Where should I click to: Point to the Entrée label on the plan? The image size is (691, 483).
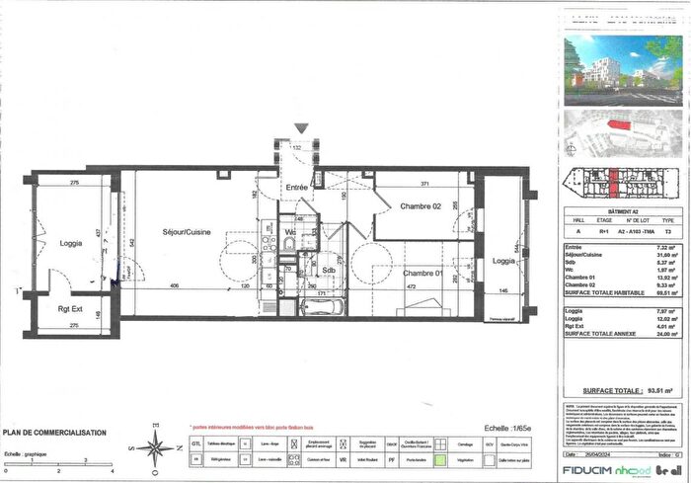297,187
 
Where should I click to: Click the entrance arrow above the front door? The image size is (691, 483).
300,128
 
